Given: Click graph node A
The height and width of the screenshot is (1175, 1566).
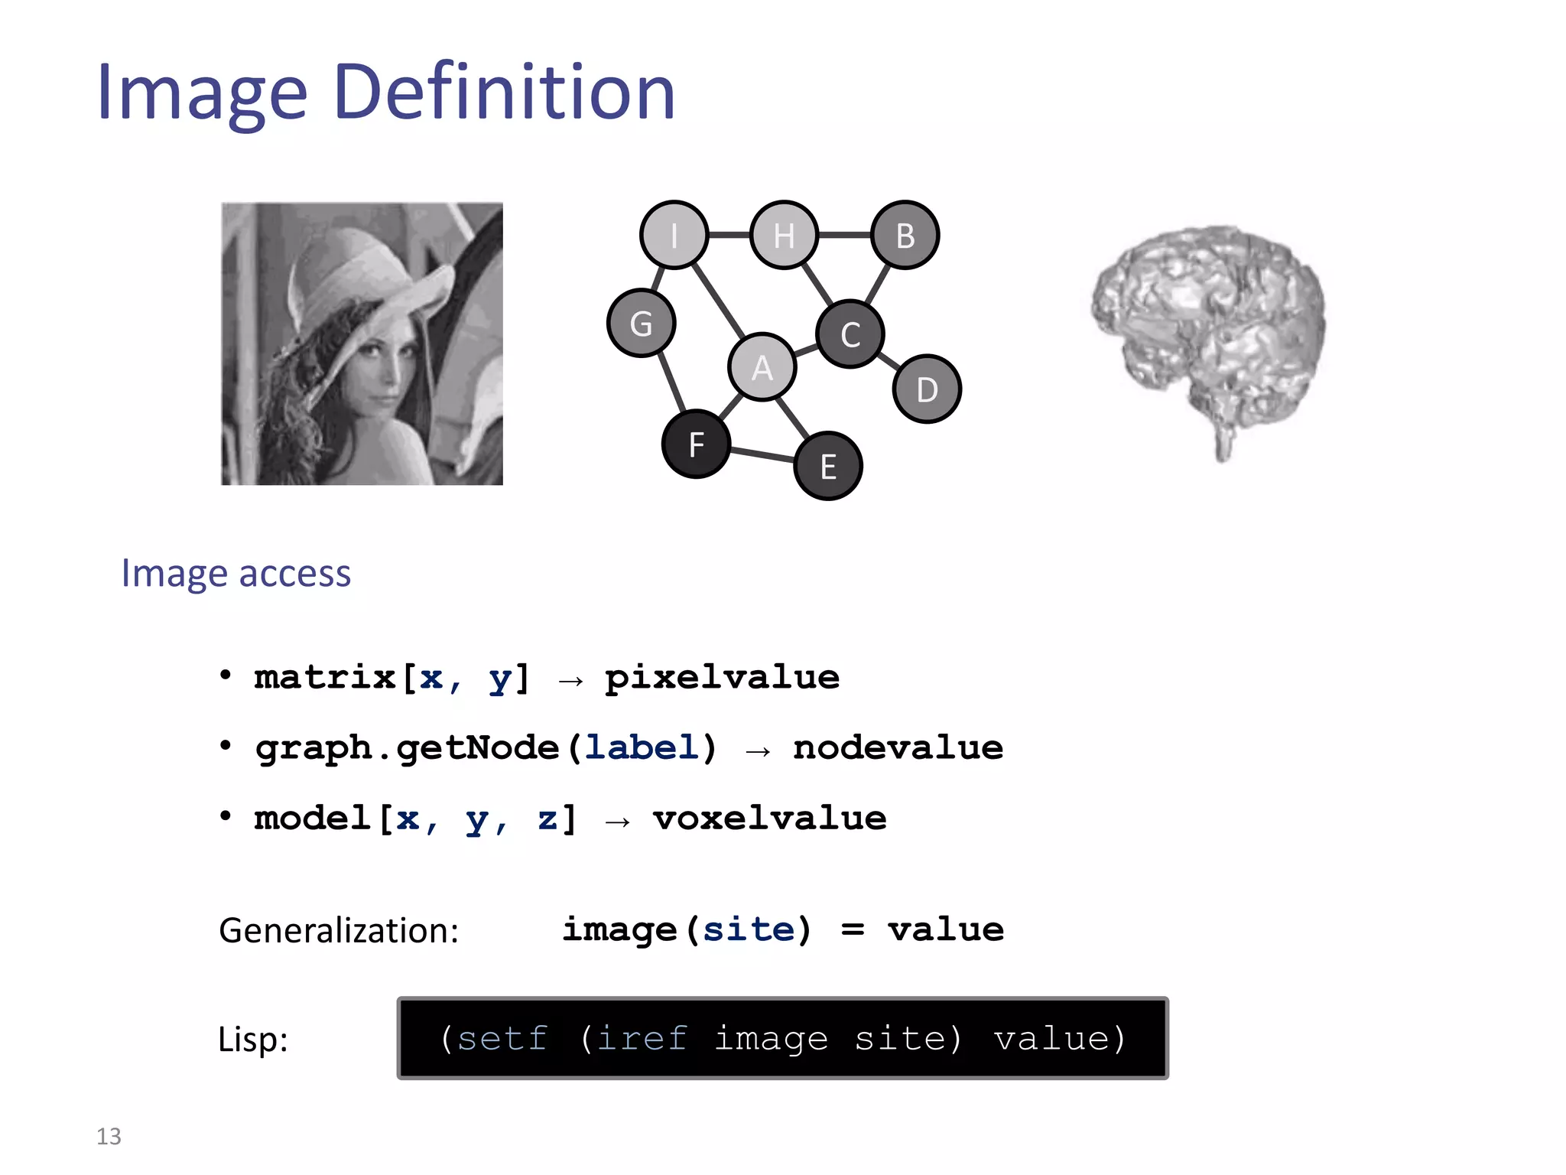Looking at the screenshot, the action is coord(762,367).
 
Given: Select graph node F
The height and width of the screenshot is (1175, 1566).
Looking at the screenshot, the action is coord(696,444).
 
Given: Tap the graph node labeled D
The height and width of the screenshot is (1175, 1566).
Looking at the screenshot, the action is coord(927,389).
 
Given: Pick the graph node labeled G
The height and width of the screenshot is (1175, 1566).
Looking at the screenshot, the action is coord(641,323).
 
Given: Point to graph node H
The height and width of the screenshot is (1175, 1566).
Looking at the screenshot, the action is coord(784,235).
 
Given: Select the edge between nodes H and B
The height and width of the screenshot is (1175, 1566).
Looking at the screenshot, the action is coord(844,235).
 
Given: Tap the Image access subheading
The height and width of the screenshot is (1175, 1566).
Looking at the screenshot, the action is coord(236,573).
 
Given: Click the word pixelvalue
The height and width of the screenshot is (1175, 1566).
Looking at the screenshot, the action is coord(722,677).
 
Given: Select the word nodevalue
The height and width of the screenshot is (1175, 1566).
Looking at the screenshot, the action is coord(898,747).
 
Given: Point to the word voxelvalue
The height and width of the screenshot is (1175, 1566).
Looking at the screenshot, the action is coord(769,818).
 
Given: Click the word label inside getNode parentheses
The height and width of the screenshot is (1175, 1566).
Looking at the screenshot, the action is coord(641,747).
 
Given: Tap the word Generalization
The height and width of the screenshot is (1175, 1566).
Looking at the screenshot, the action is coord(338,930).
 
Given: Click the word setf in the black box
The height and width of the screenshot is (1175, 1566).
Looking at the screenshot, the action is coord(502,1038).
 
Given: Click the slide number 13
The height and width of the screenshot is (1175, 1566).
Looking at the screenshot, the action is coord(109,1136).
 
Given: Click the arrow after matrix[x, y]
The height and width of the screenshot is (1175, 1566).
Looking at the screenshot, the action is coord(570,679).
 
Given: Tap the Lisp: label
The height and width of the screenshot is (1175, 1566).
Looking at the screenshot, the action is coord(252,1039).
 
